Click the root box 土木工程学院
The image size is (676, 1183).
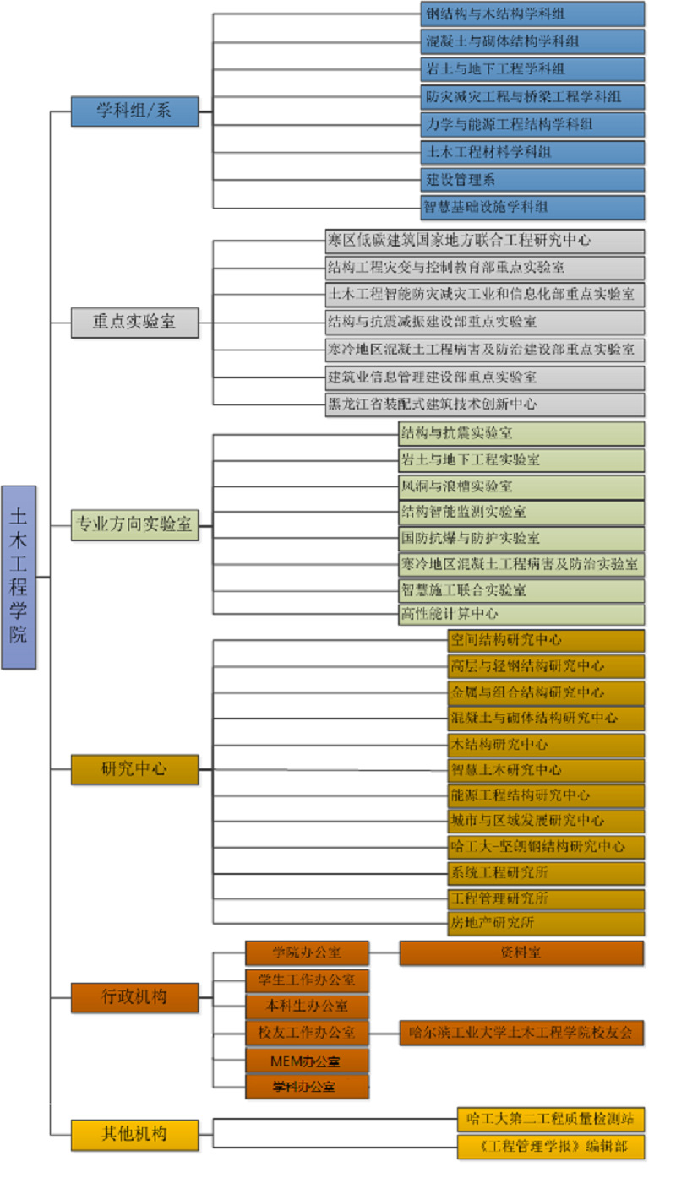tap(19, 577)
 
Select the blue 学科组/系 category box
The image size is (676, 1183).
tap(135, 111)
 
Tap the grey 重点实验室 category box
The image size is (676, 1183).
tap(135, 323)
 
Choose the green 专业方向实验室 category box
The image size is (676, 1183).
tap(135, 524)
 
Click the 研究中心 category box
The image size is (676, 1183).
tap(135, 769)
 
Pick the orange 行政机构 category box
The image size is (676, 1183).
tap(135, 996)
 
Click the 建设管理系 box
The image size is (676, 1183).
tap(533, 180)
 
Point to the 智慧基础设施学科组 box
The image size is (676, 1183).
tap(533, 207)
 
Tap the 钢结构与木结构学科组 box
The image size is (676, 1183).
tap(533, 14)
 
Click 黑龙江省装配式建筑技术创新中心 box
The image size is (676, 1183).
tap(485, 404)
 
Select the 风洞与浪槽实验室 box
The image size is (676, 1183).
tap(521, 486)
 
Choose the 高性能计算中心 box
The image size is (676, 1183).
tap(521, 614)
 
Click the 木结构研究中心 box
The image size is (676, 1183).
tap(546, 745)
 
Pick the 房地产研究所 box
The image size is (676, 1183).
tap(546, 923)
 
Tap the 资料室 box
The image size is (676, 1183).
tap(521, 952)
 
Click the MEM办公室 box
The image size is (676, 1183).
tap(307, 1060)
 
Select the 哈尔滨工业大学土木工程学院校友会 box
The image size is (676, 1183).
tap(521, 1032)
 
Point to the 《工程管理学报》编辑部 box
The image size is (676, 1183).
tap(551, 1147)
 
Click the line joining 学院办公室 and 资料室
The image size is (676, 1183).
tap(384, 952)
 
